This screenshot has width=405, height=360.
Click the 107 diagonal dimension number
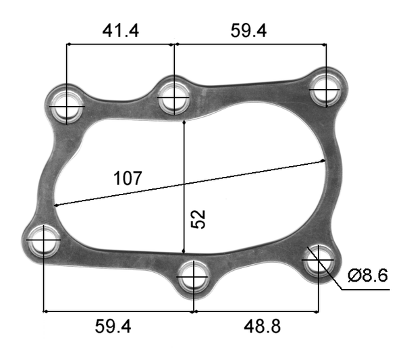click(x=128, y=178)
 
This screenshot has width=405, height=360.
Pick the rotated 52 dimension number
click(x=198, y=218)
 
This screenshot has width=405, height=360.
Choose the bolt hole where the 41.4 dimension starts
click(x=67, y=105)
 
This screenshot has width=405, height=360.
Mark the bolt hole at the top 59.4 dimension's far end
click(x=327, y=88)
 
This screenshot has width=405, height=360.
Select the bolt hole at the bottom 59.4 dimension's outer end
click(x=43, y=240)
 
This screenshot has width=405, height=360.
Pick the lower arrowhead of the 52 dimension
click(x=184, y=248)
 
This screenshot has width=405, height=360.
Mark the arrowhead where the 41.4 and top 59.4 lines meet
click(x=175, y=45)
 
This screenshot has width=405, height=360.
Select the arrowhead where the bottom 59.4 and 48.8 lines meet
click(x=194, y=312)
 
